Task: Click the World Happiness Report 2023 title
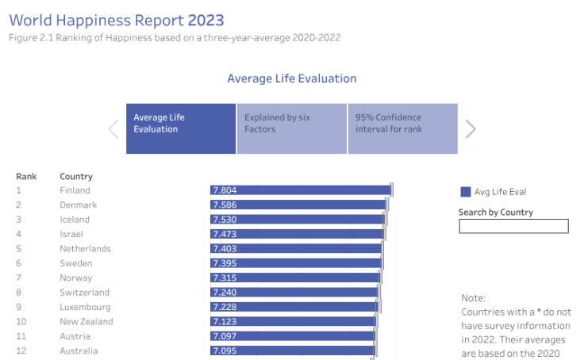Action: [x=117, y=20]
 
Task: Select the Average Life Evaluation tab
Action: [x=181, y=128]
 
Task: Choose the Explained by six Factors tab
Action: [x=291, y=128]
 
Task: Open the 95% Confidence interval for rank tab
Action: [x=402, y=128]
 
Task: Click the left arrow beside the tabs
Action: [x=113, y=128]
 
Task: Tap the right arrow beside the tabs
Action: [x=471, y=128]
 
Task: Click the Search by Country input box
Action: [x=513, y=227]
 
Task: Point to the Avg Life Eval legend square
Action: [x=466, y=192]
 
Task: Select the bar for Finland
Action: [x=301, y=190]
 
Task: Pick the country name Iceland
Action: [x=75, y=220]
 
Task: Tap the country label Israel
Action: [x=71, y=234]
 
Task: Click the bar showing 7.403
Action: [x=296, y=249]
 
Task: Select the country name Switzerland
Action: [x=85, y=293]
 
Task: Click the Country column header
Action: [x=76, y=176]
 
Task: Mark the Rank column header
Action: [x=26, y=176]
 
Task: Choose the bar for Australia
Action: [x=292, y=350]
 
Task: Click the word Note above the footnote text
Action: [x=473, y=298]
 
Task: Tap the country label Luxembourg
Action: [x=85, y=307]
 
